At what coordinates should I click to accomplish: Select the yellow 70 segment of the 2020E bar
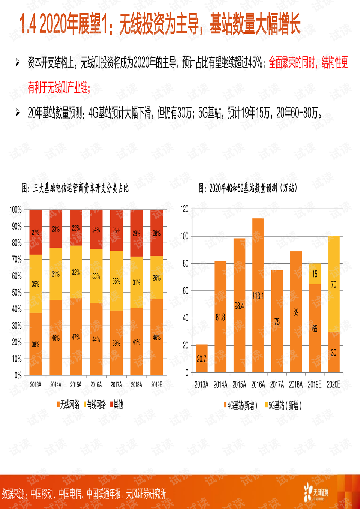(x=333, y=284)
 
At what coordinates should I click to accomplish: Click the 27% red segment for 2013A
(x=36, y=232)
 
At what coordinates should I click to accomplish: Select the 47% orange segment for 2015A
(x=76, y=337)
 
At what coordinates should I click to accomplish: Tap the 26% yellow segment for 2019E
(x=156, y=278)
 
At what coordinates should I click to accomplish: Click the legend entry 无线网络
(x=68, y=404)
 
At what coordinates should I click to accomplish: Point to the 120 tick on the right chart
(x=184, y=209)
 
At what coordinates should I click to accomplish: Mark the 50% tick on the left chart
(x=16, y=293)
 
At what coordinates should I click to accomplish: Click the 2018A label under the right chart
(x=295, y=384)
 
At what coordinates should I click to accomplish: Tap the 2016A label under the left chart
(x=96, y=384)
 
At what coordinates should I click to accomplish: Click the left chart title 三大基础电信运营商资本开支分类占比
(x=75, y=188)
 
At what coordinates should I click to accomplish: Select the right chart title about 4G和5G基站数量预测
(x=248, y=188)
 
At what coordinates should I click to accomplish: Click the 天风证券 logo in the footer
(x=316, y=492)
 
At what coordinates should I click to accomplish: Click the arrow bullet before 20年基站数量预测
(x=18, y=112)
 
